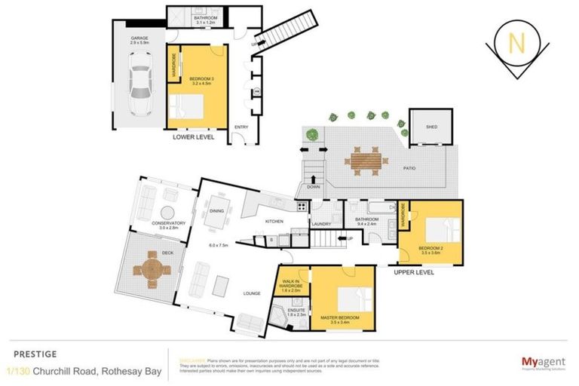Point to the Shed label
(x=431, y=127)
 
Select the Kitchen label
(x=273, y=221)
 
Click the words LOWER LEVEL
(x=194, y=138)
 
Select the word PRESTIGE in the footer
(x=29, y=352)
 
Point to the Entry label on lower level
(x=241, y=127)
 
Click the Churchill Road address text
(x=83, y=370)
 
